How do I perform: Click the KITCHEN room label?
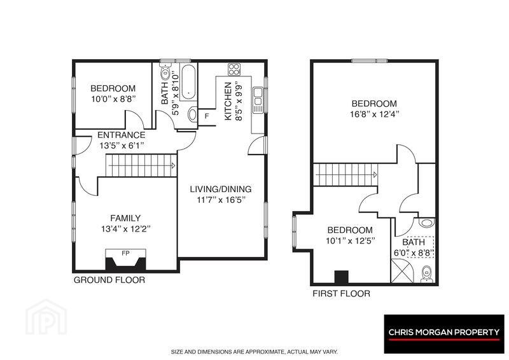(228, 101)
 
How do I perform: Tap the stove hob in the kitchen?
(234, 69)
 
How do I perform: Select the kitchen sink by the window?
(258, 100)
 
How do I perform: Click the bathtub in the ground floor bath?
(188, 82)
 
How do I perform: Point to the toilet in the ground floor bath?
(165, 73)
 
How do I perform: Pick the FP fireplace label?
(125, 253)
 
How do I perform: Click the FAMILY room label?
(125, 218)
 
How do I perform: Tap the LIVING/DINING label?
(221, 189)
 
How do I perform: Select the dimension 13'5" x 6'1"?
(122, 146)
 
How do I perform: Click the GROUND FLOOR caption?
(109, 280)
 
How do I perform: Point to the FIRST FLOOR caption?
(341, 294)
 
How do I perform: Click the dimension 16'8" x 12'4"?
(374, 114)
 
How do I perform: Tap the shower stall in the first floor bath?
(403, 270)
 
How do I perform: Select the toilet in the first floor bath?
(426, 273)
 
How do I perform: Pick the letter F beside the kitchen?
(206, 116)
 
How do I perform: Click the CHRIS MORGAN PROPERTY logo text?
(443, 332)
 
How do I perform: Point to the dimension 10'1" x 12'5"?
(351, 241)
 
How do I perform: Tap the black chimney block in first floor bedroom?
(341, 277)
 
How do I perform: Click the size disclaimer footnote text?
(254, 352)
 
